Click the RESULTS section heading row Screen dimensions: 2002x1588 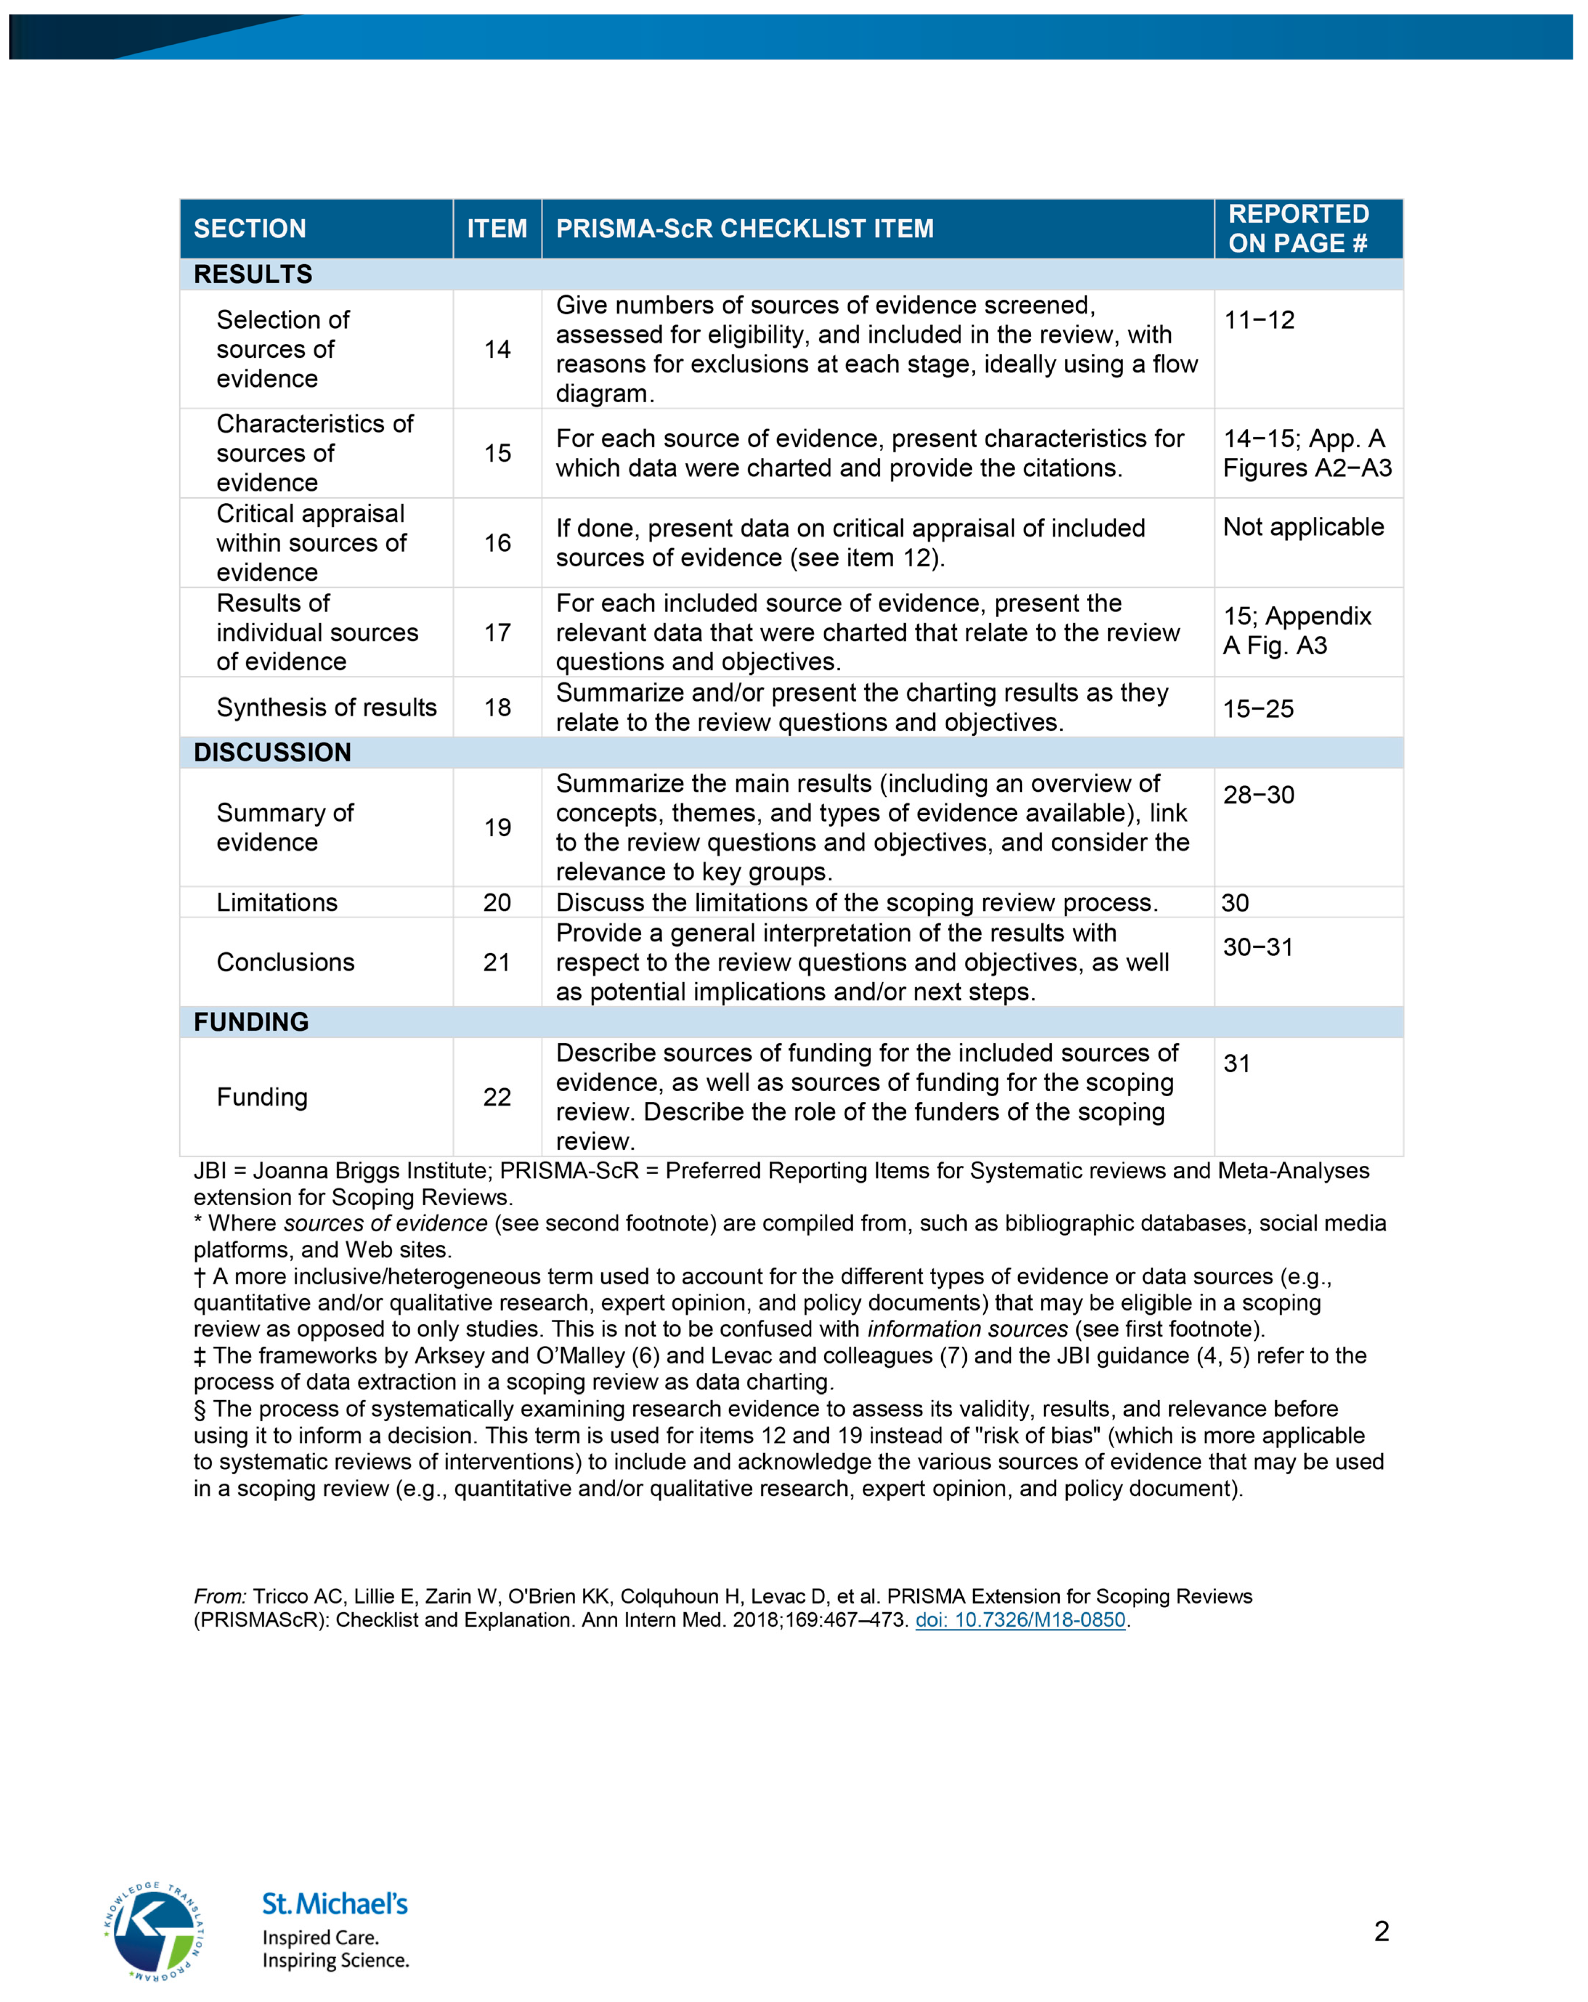pyautogui.click(x=253, y=274)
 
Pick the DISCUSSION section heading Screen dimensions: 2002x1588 pyautogui.click(x=272, y=752)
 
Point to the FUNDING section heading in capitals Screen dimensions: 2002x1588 pyautogui.click(x=251, y=1022)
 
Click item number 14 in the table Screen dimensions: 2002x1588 pyautogui.click(x=497, y=349)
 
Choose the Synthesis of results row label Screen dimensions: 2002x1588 pyautogui.click(x=326, y=707)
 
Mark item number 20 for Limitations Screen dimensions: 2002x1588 pyautogui.click(x=497, y=902)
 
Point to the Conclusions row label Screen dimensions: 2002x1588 pyautogui.click(x=285, y=962)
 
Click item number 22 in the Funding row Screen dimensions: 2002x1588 pyautogui.click(x=497, y=1097)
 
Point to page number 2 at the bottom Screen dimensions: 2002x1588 pyautogui.click(x=1381, y=1932)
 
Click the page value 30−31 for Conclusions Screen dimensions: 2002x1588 pyautogui.click(x=1258, y=947)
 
